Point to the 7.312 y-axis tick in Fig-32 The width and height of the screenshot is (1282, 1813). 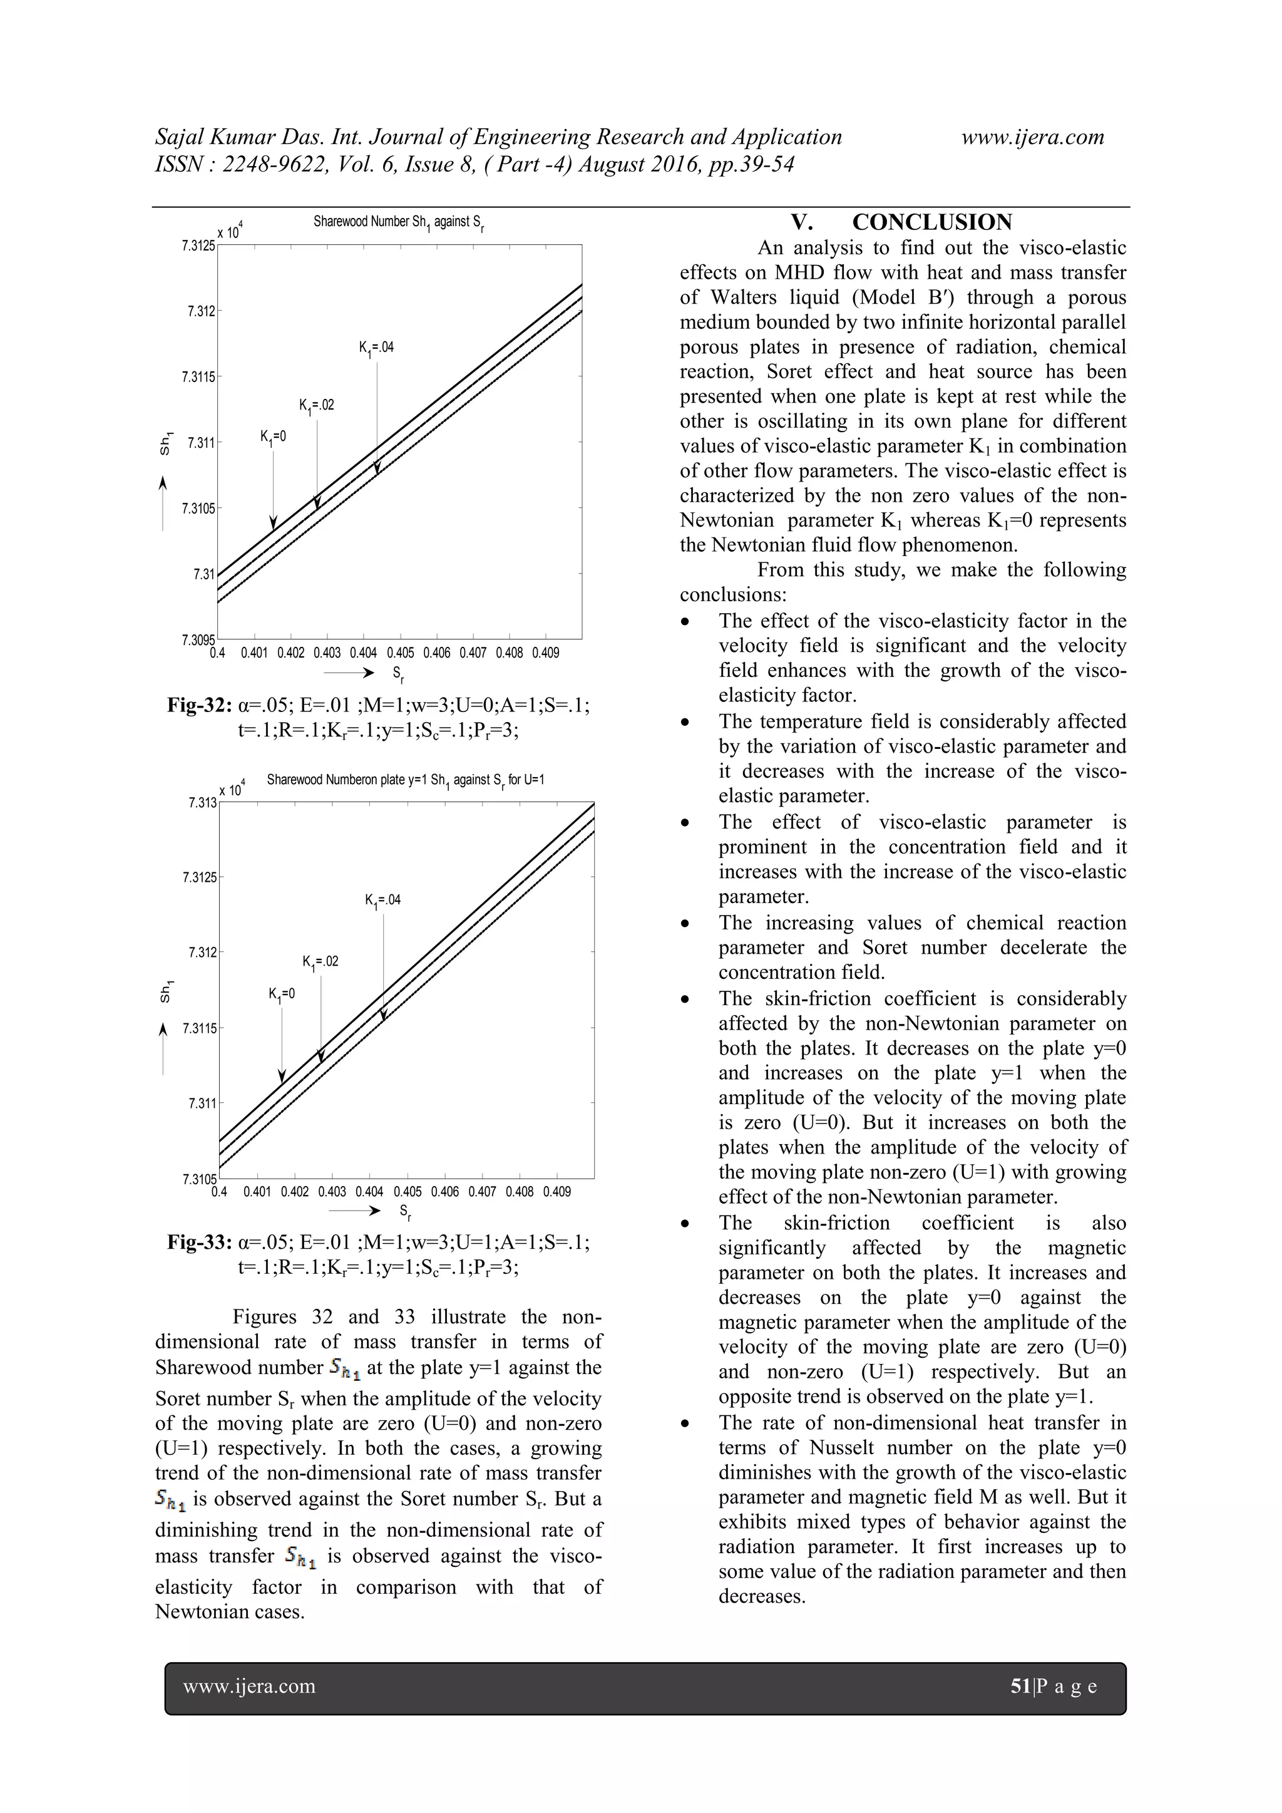click(202, 311)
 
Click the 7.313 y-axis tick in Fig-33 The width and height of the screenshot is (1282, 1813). click(202, 803)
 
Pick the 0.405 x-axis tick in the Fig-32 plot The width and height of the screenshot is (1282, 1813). click(400, 653)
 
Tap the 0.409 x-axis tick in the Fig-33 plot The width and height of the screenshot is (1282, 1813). click(556, 1192)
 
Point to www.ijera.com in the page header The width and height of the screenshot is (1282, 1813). click(1032, 137)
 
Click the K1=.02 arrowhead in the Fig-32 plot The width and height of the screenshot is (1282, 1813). click(317, 502)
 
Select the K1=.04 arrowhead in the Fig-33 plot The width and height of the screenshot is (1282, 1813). click(384, 1015)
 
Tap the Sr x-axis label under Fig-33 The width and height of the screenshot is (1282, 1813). click(404, 1211)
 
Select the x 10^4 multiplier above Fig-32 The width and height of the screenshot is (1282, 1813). click(230, 232)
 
